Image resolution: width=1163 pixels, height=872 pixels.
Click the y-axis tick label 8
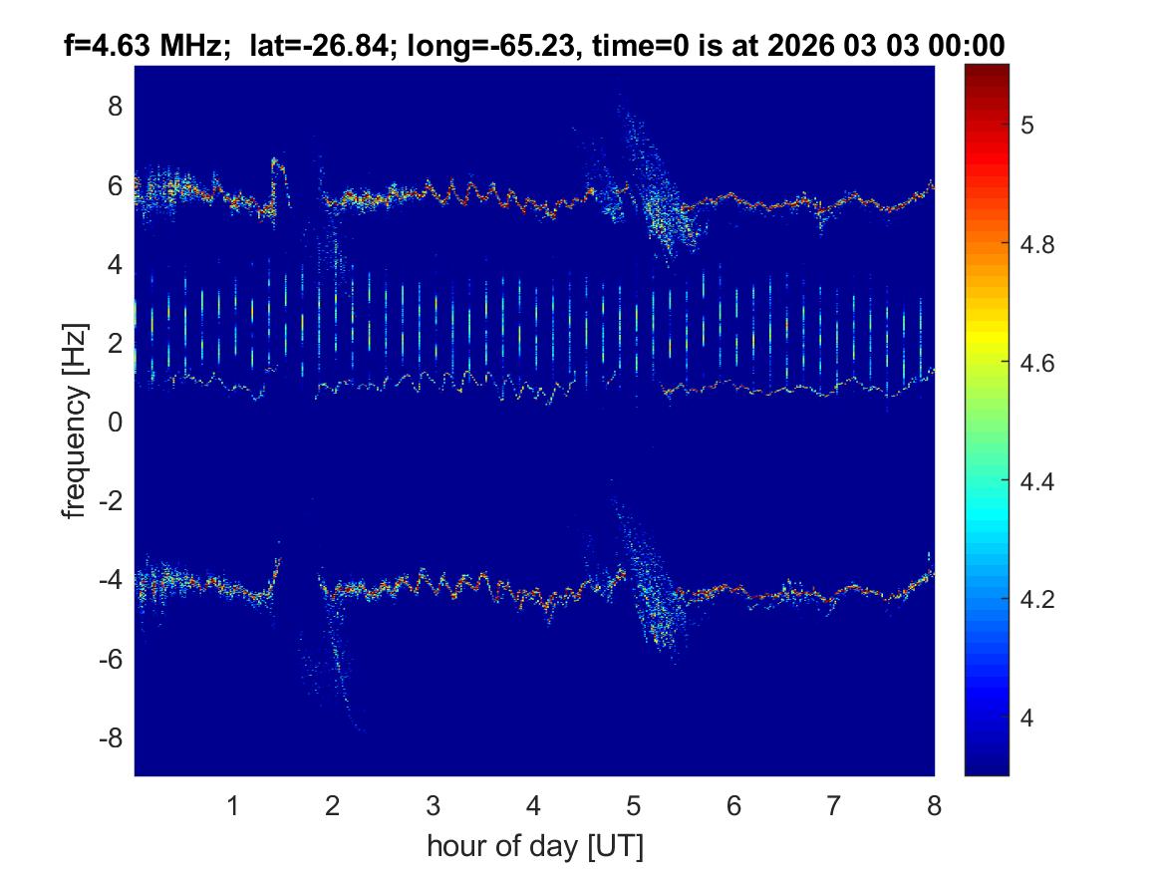116,107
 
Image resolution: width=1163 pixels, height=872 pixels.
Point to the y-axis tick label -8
111,738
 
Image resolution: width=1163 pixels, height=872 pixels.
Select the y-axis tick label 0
116,423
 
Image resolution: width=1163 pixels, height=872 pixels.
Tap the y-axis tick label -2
111,501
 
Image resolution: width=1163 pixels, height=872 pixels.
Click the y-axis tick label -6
111,660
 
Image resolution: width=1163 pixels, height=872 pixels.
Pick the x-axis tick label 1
233,806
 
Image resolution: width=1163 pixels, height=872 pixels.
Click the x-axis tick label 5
634,806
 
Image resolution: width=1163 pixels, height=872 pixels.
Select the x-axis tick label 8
934,806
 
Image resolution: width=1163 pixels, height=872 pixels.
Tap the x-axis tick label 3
434,806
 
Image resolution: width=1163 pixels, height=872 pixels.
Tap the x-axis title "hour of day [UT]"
534,846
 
